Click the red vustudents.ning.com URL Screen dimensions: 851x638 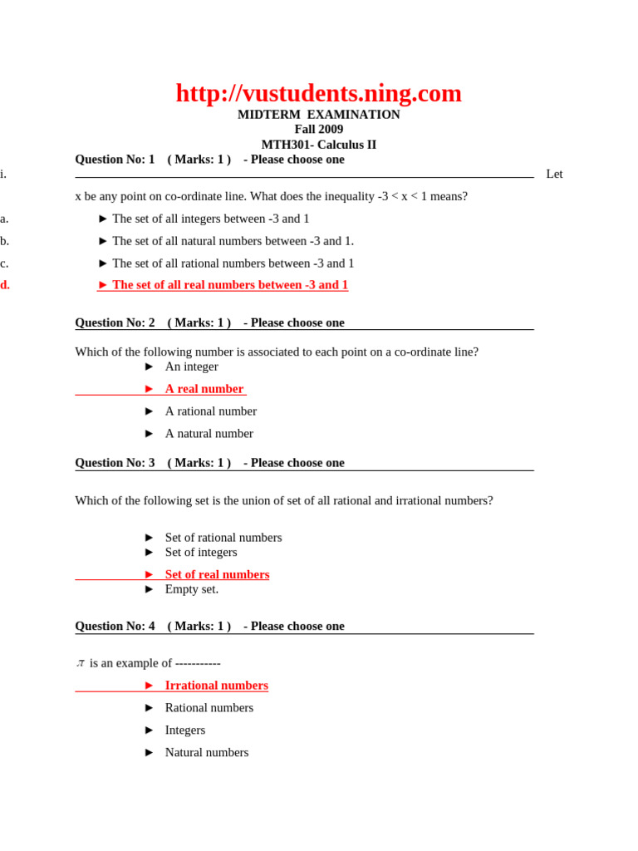coord(318,93)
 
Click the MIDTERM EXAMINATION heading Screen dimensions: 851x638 coord(318,115)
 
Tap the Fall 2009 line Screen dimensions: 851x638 coord(318,130)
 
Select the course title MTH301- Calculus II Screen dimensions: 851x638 coord(318,145)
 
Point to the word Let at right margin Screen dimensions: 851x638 coord(554,174)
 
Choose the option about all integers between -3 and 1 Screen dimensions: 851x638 coord(210,219)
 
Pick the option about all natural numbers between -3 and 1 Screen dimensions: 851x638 coord(233,241)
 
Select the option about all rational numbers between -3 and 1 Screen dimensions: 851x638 coord(233,263)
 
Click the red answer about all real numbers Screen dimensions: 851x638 coord(229,285)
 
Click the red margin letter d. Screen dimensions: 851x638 coord(5,285)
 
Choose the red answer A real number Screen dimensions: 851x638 coord(204,389)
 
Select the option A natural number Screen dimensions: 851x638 coord(209,434)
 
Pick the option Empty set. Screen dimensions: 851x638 coord(191,589)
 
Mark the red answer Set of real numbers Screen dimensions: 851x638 coord(217,574)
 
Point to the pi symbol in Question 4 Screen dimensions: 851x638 coord(81,663)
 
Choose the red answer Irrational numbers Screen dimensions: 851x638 coord(216,686)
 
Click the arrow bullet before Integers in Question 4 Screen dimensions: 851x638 coord(150,730)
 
